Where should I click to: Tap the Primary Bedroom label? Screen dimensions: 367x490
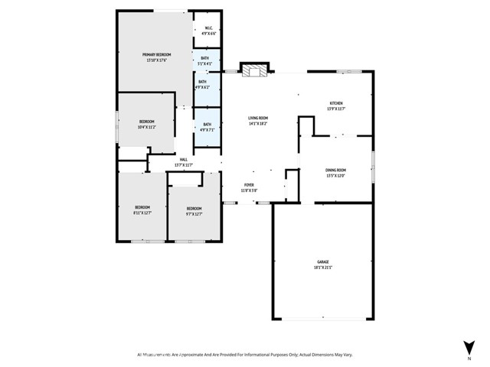click(x=156, y=56)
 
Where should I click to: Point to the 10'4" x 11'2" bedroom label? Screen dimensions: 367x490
click(x=147, y=124)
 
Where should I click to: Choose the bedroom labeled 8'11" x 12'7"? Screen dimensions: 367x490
click(x=142, y=210)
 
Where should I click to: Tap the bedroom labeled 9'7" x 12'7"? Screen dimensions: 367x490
click(x=194, y=210)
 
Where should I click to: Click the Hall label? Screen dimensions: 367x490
click(x=184, y=161)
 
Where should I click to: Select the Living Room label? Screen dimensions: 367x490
click(x=257, y=119)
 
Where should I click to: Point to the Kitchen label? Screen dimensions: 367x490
click(x=336, y=104)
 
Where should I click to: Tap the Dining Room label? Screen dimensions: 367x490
click(x=336, y=172)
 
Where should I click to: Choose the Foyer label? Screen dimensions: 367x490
click(x=249, y=185)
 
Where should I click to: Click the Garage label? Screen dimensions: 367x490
click(x=322, y=263)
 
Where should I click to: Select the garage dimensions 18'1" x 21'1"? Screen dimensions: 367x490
click(x=322, y=268)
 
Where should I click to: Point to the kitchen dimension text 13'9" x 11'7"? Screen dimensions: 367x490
click(x=336, y=109)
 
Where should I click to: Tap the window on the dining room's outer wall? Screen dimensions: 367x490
click(x=374, y=167)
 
